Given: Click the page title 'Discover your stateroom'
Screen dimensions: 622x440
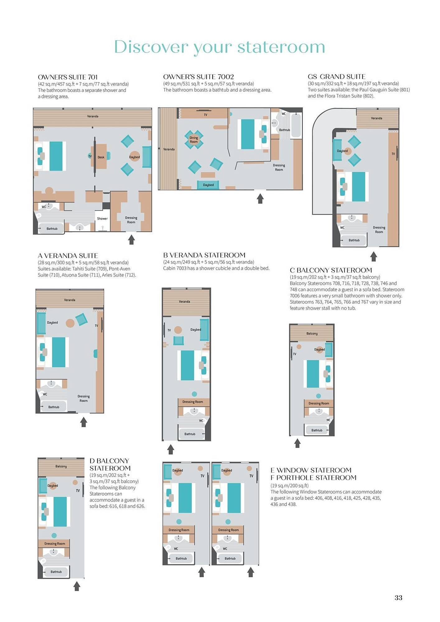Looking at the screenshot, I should coord(219,47).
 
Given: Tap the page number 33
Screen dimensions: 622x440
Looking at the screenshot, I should coord(398,597).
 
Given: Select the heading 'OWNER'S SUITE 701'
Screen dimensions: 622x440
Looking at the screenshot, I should coord(68,77).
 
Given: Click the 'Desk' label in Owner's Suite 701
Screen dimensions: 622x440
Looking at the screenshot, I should coord(101,157).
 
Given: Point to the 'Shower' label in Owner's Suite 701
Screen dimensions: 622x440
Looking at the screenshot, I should coord(102,219).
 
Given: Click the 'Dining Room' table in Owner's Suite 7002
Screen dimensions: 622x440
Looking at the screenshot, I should coord(194,140).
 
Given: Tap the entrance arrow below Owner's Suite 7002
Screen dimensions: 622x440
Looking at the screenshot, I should coord(260,198).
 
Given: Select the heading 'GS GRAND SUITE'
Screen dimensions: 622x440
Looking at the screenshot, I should coord(336,77).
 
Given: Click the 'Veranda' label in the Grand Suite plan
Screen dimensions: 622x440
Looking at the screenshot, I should coord(377,118).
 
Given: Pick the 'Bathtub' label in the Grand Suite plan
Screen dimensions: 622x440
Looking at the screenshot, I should coord(354,240).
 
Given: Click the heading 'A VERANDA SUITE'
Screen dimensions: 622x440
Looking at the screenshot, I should coord(68,256).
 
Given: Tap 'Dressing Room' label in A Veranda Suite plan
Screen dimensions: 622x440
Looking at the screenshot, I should coord(83,398).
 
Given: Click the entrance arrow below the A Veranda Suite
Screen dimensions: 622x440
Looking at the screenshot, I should coord(83,422).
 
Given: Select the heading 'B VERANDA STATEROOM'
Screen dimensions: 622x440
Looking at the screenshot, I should coord(204,255).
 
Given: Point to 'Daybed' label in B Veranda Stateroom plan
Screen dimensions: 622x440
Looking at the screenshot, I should coord(195,329).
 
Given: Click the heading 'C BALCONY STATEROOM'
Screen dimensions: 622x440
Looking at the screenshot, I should coord(331,270).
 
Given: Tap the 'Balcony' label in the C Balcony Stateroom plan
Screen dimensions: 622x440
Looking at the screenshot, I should coord(312,333).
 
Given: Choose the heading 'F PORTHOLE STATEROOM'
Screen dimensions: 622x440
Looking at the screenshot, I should coord(313,478).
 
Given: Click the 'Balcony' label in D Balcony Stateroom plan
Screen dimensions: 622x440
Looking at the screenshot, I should coord(61,466).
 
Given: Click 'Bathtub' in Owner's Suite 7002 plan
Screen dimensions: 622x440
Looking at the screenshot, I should coord(284,130).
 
